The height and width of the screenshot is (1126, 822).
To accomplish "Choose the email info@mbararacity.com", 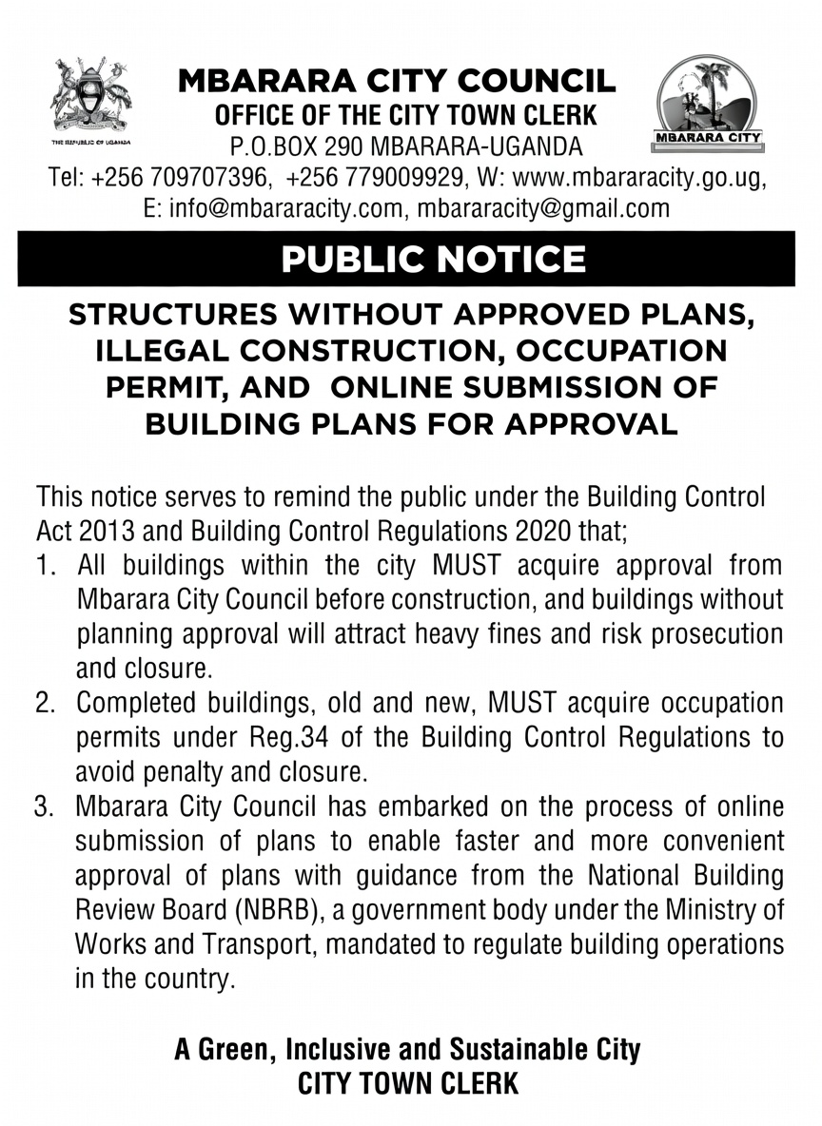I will coord(273,208).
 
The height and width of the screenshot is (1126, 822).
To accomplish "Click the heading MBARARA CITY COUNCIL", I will coord(398,83).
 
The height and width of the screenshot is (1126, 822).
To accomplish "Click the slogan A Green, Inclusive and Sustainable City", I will coord(407,1050).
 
